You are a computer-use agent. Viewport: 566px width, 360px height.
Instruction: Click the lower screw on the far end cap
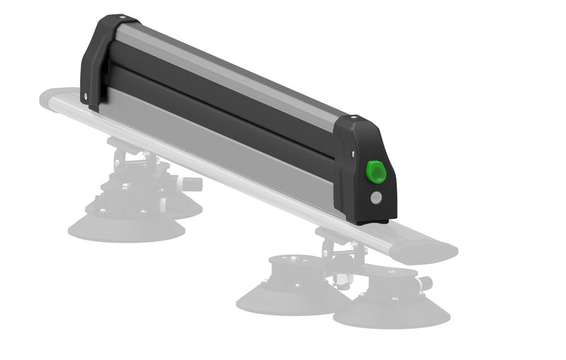(x=86, y=95)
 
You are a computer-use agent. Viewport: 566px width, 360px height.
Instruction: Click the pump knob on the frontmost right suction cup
(x=424, y=284)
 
